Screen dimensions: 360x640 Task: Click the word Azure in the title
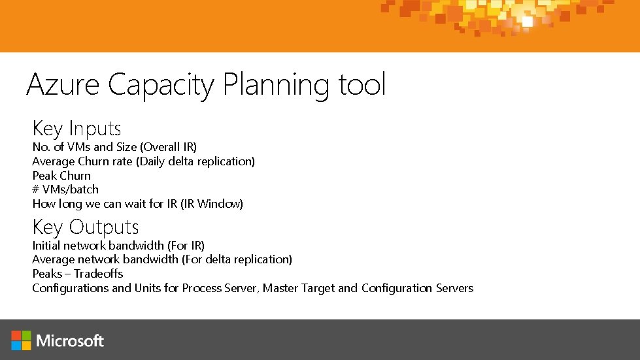click(x=64, y=85)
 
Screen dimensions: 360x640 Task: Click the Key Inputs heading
click(x=76, y=129)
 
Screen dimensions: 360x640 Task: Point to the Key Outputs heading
click(x=86, y=227)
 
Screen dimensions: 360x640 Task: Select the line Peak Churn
click(x=61, y=176)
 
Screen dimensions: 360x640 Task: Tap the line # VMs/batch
click(x=65, y=189)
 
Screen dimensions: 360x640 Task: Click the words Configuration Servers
click(x=417, y=288)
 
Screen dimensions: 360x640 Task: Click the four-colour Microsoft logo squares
click(x=21, y=340)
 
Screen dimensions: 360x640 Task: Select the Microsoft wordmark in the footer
click(x=70, y=340)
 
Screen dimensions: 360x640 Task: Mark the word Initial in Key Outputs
click(x=46, y=246)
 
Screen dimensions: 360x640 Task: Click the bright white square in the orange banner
click(x=527, y=21)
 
